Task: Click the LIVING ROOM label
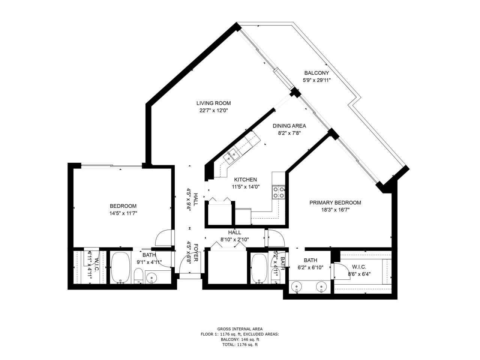coord(213,103)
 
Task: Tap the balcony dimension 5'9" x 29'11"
coord(316,80)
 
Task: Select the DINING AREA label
coord(289,126)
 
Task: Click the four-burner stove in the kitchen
coord(279,192)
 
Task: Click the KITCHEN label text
coord(245,180)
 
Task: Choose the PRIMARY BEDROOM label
coord(335,203)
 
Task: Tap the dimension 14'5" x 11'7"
coord(123,213)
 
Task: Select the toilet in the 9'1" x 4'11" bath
coord(138,276)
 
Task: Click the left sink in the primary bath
coord(297,287)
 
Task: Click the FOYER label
coord(196,254)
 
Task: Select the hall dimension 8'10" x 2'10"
coord(235,240)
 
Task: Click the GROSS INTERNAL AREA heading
coord(240,328)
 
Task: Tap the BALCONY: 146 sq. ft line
coord(240,339)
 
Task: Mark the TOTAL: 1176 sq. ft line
coord(240,344)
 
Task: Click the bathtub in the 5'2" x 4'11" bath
coord(258,268)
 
